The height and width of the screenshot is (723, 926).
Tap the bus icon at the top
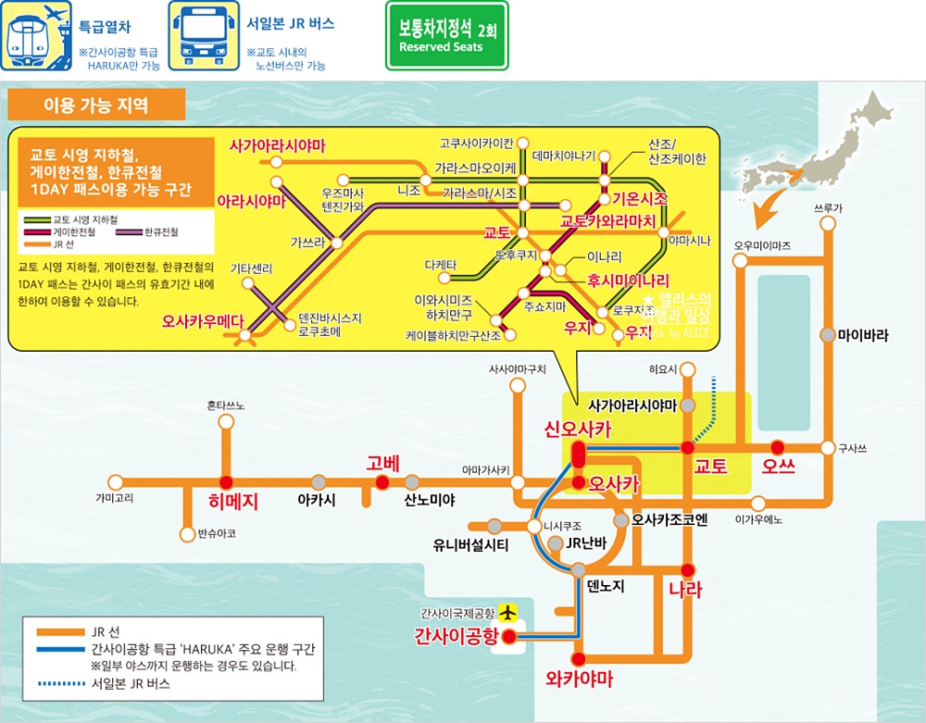click(198, 36)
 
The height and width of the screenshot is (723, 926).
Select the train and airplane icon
click(37, 36)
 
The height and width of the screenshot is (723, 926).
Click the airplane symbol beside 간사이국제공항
click(507, 612)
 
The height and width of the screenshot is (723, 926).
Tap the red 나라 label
click(685, 590)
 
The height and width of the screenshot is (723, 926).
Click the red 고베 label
click(382, 464)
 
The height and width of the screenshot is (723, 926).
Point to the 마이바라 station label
click(862, 335)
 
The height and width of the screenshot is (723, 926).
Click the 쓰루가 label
click(827, 208)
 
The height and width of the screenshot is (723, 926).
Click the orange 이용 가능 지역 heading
click(95, 105)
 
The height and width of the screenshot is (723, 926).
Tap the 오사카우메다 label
click(203, 321)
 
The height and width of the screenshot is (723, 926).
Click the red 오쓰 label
click(778, 466)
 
